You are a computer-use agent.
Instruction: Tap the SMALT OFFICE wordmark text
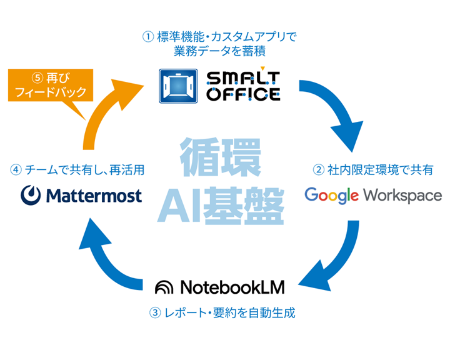243,86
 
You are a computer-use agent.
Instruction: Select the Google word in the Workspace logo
331,195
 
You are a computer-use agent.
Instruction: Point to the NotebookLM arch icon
165,287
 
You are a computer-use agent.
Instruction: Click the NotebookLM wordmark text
232,287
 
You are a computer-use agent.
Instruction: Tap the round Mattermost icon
29,196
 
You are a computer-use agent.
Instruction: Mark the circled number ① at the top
148,36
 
